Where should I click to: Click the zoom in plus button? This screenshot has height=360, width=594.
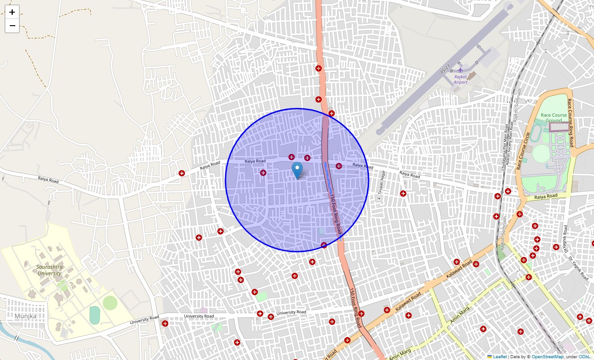click(12, 12)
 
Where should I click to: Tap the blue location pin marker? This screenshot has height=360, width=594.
click(297, 171)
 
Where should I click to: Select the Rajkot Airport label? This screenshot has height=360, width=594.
click(460, 80)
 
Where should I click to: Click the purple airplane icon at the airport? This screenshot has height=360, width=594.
click(460, 70)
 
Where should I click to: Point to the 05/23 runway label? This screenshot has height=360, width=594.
click(445, 69)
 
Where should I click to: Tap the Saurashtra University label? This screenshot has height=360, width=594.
click(49, 270)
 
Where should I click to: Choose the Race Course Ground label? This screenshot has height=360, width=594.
click(553, 117)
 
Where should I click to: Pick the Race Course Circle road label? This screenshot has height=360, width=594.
click(523, 150)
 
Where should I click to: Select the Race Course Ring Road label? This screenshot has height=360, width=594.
click(570, 123)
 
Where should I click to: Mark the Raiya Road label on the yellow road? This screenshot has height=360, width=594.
click(546, 196)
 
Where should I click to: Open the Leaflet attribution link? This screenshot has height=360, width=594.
click(499, 357)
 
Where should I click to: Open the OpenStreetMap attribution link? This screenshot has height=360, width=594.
click(547, 357)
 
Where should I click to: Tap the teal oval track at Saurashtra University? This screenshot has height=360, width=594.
click(94, 315)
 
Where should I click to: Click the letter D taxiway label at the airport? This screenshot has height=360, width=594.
click(477, 63)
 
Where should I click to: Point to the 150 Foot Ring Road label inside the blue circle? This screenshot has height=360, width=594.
click(335, 214)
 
